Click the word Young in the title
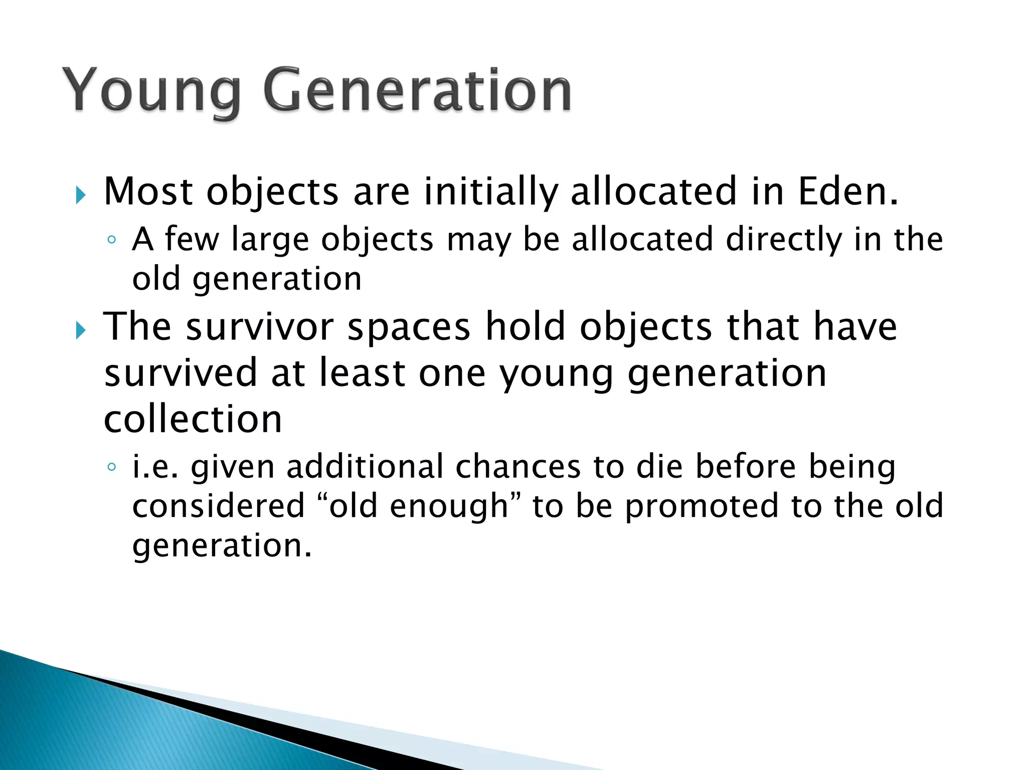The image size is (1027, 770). click(x=150, y=91)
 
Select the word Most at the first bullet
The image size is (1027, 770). click(x=148, y=191)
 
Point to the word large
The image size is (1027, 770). click(x=270, y=240)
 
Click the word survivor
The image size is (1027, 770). click(x=260, y=327)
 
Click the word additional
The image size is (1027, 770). click(x=365, y=467)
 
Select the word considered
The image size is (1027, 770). click(x=219, y=506)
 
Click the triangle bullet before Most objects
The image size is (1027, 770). click(x=80, y=195)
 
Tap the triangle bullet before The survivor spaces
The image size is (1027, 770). click(x=80, y=330)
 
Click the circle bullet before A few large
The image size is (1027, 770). click(x=111, y=240)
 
